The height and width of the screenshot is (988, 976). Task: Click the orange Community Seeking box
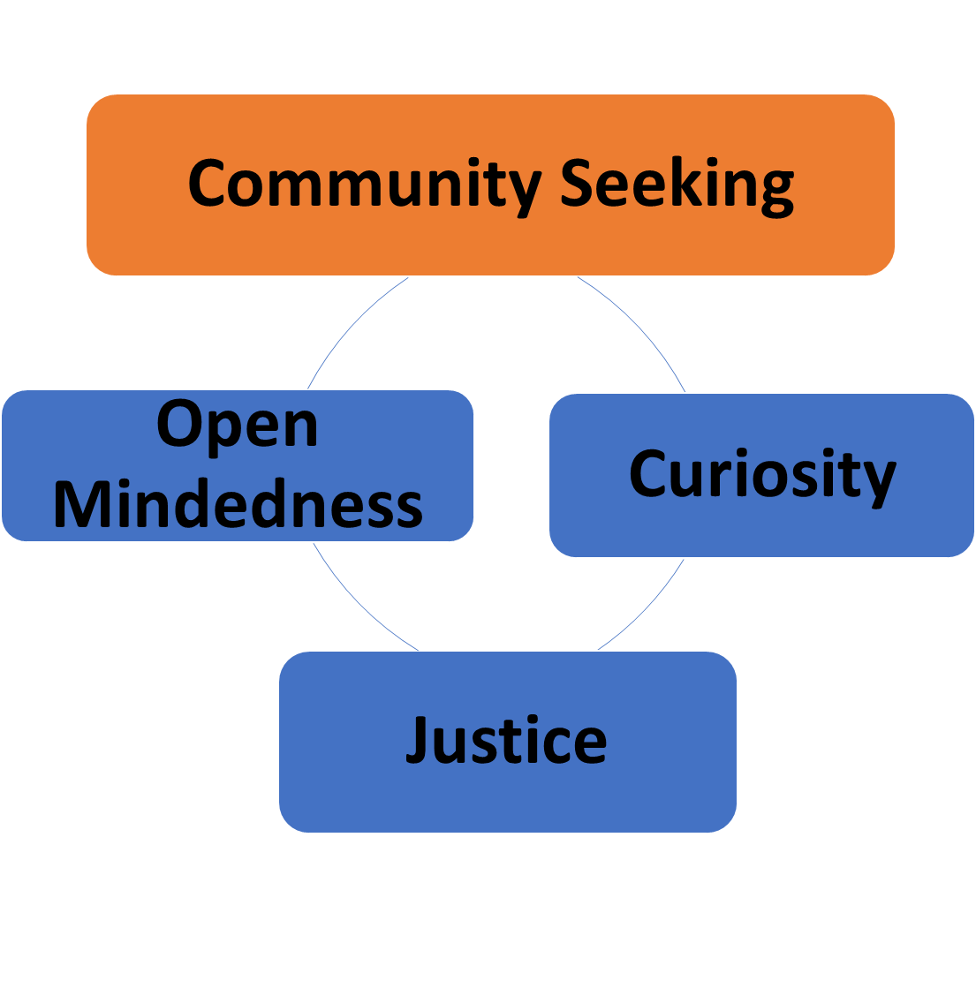490,238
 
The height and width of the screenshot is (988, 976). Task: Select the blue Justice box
507,795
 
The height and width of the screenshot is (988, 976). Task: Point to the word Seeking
677,185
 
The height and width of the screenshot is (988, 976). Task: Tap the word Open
237,426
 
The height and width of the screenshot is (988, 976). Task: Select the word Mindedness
238,504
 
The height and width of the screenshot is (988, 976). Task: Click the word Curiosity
761,474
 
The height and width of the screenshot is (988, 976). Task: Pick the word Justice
507,740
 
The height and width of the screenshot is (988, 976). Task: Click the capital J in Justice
418,740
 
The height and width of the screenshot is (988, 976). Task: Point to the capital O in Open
180,424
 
